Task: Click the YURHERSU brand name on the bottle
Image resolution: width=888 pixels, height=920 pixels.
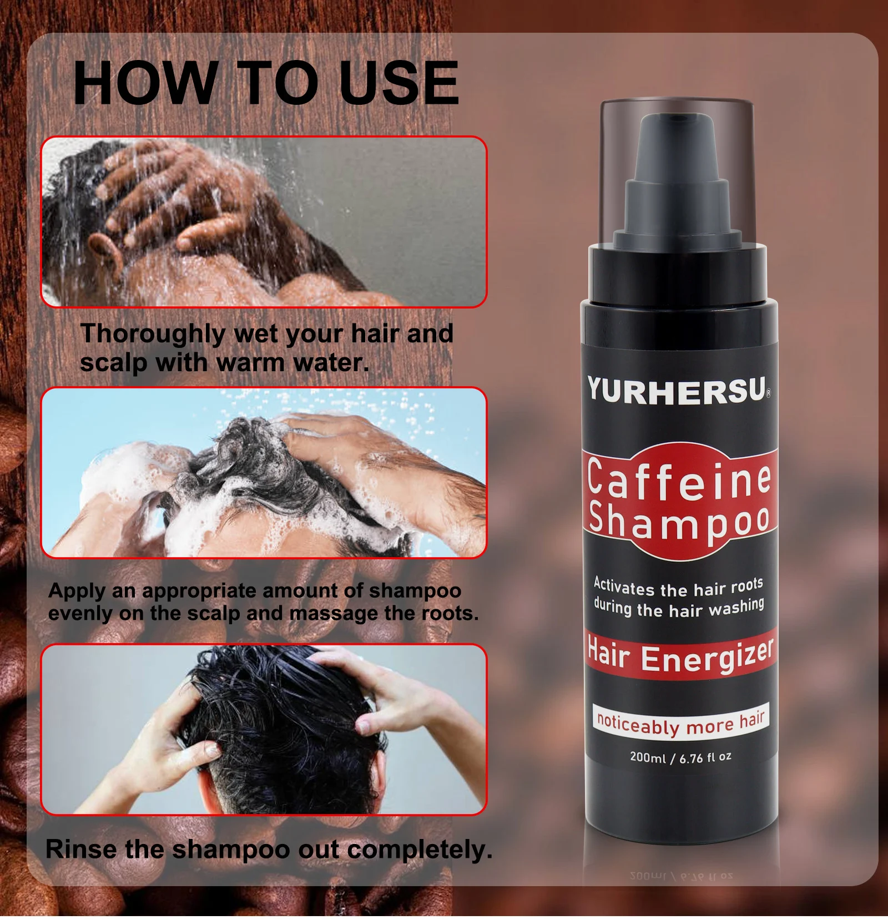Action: point(676,390)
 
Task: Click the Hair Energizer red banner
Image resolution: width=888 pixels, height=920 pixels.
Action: point(680,655)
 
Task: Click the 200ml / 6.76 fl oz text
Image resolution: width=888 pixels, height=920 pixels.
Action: point(680,757)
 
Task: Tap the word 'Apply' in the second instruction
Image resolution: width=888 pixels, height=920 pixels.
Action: point(77,590)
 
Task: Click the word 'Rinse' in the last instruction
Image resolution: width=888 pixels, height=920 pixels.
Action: point(81,849)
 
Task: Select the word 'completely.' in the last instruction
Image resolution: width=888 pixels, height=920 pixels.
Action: point(422,849)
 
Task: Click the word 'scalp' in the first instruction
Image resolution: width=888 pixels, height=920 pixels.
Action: point(113,363)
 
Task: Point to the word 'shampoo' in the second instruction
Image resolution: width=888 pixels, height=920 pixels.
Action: point(415,590)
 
